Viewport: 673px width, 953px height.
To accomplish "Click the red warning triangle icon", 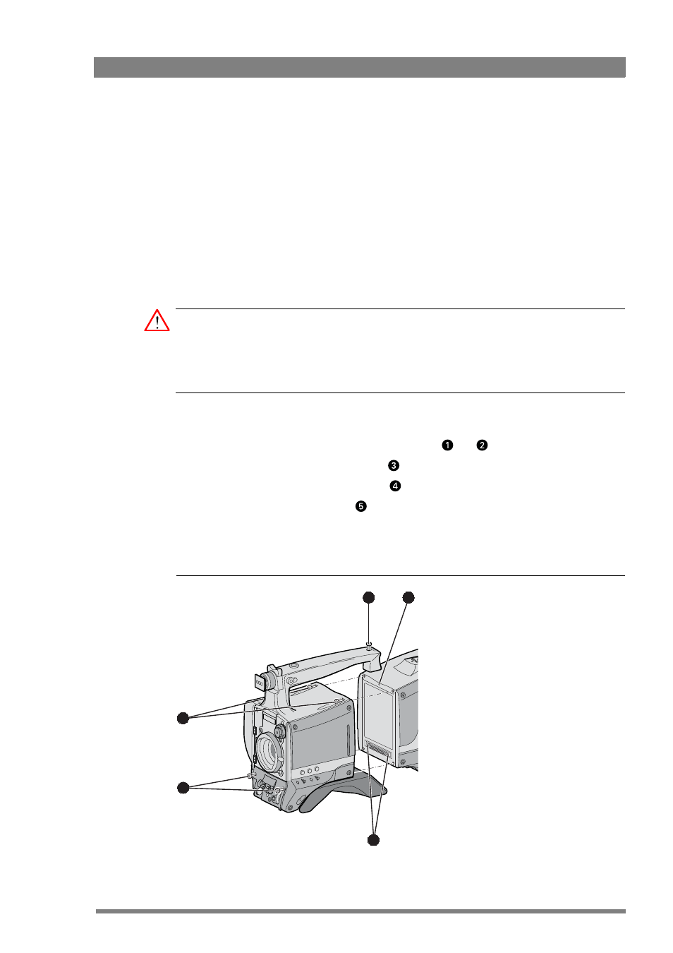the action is pos(157,321).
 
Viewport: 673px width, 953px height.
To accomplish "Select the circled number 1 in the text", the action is pos(447,445).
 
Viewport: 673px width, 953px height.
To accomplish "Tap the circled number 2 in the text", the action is pos(482,445).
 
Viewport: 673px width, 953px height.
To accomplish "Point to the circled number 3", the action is pos(393,465).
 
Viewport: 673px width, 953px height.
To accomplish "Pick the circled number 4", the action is pos(395,486).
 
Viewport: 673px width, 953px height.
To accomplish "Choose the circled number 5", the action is pos(360,506).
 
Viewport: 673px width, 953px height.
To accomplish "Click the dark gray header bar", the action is pos(359,67).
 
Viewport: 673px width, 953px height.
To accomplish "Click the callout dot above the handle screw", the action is pos(369,597).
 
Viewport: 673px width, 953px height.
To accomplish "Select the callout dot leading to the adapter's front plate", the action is pos(408,597).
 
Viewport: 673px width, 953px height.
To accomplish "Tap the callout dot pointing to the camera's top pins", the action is pos(183,718).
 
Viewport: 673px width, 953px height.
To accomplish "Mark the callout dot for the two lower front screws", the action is pos(183,788).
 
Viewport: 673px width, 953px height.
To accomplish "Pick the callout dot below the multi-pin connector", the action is pos(373,840).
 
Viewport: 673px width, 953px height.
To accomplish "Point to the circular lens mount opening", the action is pos(268,751).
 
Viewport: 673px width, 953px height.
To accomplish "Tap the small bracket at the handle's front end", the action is pos(260,683).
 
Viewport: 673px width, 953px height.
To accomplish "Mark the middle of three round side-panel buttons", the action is pos(310,770).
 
